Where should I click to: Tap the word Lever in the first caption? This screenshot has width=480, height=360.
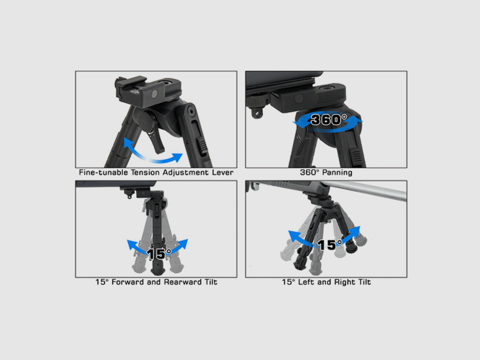pos(223,172)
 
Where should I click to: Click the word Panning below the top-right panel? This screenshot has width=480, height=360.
pos(337,172)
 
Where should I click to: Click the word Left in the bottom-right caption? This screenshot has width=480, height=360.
pos(306,282)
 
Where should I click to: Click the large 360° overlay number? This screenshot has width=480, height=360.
pos(329,120)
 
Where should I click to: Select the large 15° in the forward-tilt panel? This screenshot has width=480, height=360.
pos(159,254)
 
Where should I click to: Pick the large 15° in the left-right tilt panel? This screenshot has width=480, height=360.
pos(329,245)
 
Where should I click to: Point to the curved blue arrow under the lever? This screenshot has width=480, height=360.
pos(153,155)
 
